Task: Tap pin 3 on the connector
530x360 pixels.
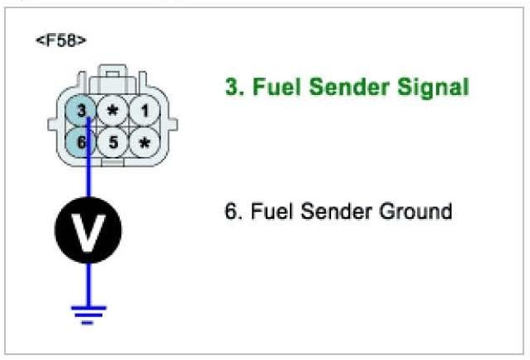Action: coord(81,110)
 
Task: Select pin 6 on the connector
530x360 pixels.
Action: coord(81,142)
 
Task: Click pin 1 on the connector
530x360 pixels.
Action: coord(144,110)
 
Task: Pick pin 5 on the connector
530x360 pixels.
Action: coord(113,142)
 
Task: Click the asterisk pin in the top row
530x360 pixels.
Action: coord(113,110)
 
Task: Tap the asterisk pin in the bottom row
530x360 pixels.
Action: coord(144,142)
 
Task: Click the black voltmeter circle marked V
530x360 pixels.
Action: coord(88,231)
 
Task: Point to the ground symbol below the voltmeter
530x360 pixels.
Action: coord(88,311)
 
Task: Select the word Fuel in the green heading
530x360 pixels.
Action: coord(268,87)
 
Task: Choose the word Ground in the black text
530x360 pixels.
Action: coord(414,211)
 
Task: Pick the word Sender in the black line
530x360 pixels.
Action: coord(327,211)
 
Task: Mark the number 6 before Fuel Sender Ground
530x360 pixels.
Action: coord(230,211)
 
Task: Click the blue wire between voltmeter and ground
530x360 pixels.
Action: coord(88,281)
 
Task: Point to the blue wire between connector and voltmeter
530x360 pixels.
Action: coord(88,178)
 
